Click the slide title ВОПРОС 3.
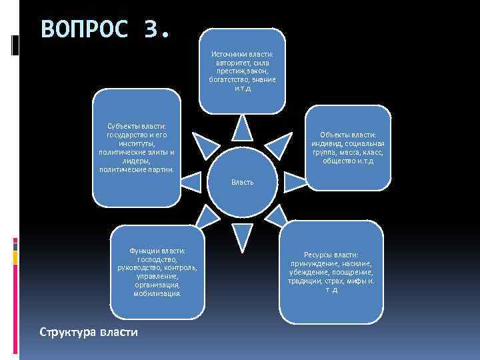click(x=105, y=30)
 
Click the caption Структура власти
click(x=89, y=331)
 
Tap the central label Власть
click(x=242, y=181)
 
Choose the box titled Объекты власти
click(x=347, y=147)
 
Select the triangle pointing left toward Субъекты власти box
click(x=191, y=181)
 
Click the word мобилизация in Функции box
click(x=156, y=293)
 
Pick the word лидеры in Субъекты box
click(x=137, y=161)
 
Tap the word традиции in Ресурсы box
click(x=296, y=281)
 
